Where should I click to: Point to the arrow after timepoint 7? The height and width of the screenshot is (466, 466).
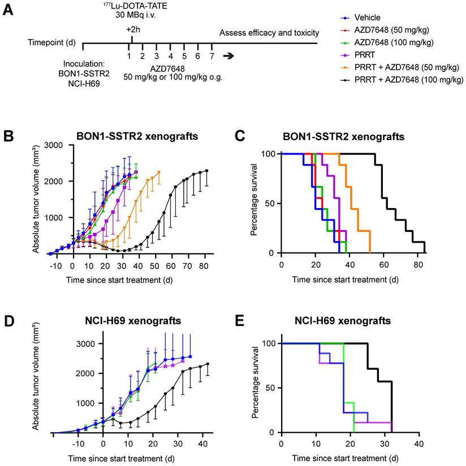click(229, 55)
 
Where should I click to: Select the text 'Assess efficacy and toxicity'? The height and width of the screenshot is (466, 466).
click(269, 33)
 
